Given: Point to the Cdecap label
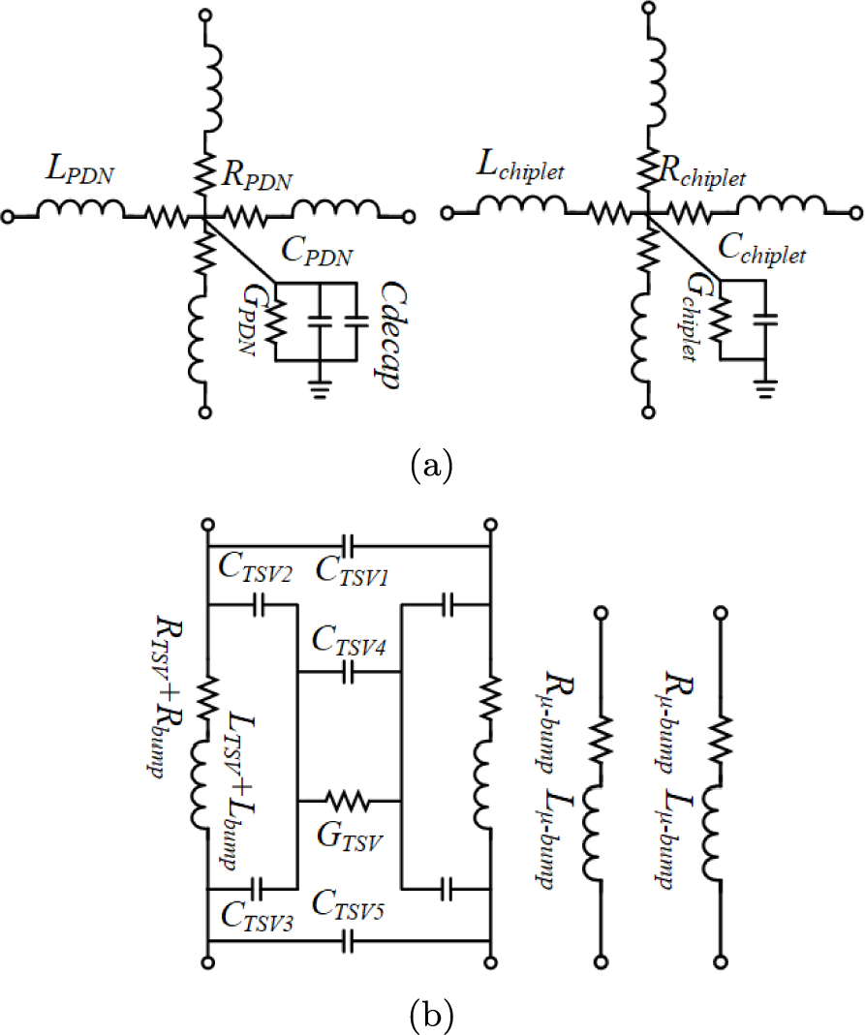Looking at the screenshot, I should click(390, 336).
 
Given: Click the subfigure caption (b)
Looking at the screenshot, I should click(431, 1016).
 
